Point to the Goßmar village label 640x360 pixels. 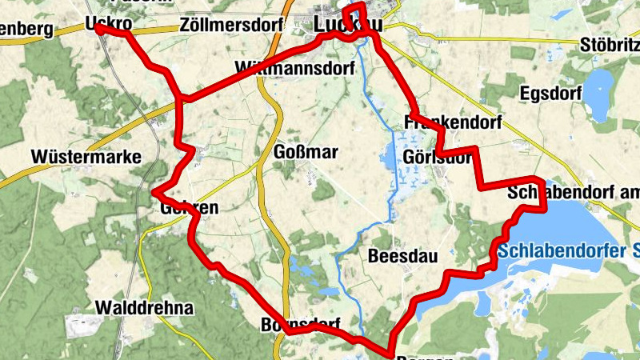coord(306,152)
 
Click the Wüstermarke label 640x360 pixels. coord(86,156)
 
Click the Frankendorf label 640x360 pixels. coord(453,123)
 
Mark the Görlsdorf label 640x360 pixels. coord(438,157)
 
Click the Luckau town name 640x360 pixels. coord(348,25)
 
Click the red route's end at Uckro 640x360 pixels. coord(98,27)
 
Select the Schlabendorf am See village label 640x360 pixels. coord(573,193)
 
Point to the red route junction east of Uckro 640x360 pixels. coord(182,99)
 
